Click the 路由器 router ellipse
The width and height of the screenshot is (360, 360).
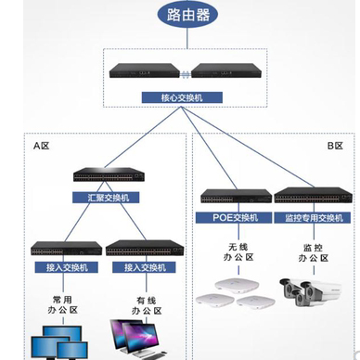186,16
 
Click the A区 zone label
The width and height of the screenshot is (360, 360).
41,146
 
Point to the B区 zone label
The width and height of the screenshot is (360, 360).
335,146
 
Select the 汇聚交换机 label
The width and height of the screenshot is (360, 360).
107,197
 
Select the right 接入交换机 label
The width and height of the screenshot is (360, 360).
143,267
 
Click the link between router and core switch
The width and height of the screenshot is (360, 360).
186,41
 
